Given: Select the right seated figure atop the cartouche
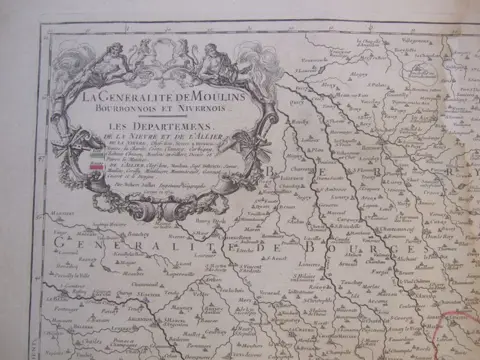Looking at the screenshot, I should pos(215,60).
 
